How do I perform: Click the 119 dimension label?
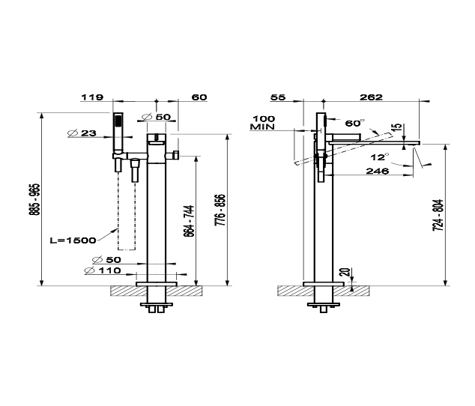click(x=92, y=97)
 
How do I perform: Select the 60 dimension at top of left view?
click(x=199, y=97)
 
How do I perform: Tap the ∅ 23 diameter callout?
click(x=82, y=133)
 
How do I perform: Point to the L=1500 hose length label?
click(x=73, y=240)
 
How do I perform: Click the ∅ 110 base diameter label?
click(x=103, y=270)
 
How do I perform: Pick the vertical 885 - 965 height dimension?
click(x=36, y=199)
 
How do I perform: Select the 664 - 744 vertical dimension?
click(x=189, y=221)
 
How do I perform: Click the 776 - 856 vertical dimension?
click(x=220, y=210)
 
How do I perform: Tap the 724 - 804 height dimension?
click(x=438, y=216)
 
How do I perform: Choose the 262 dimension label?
click(x=371, y=97)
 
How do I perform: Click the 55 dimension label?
click(x=278, y=97)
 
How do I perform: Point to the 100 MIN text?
click(x=263, y=123)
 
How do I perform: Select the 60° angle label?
click(x=354, y=123)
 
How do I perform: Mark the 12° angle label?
click(x=380, y=157)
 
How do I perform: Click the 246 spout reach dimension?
click(x=378, y=172)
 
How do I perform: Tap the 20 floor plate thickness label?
click(x=346, y=272)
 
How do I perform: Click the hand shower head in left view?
click(x=118, y=133)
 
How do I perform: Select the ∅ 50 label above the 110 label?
click(x=106, y=260)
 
